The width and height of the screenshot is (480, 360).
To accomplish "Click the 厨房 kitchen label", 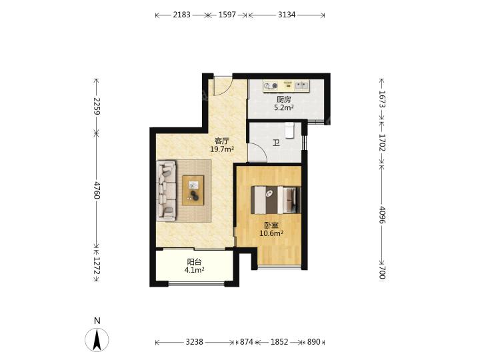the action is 283,99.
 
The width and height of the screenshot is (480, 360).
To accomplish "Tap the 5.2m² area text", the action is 284,107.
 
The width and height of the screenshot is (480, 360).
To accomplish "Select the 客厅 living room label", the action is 222,141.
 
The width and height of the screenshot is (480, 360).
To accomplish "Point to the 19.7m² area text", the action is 222,149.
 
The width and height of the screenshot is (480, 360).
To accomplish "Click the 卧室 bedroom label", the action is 271,225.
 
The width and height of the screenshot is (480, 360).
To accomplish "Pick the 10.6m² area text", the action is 271,233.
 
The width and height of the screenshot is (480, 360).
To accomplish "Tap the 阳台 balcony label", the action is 195,262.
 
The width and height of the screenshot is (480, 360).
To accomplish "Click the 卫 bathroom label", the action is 276,143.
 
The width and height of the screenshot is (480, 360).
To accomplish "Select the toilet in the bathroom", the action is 289,130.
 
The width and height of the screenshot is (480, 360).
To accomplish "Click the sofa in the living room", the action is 166,191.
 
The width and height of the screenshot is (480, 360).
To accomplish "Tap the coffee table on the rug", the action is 193,190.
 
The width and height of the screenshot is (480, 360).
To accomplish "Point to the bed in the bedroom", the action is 275,199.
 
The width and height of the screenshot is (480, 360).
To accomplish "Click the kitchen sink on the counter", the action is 301,85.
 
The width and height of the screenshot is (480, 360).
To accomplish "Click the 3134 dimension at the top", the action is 287,15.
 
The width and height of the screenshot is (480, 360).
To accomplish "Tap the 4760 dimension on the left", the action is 97,190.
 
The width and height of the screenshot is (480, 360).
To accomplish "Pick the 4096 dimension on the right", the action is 382,215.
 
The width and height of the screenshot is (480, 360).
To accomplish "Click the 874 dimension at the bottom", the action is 247,341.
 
